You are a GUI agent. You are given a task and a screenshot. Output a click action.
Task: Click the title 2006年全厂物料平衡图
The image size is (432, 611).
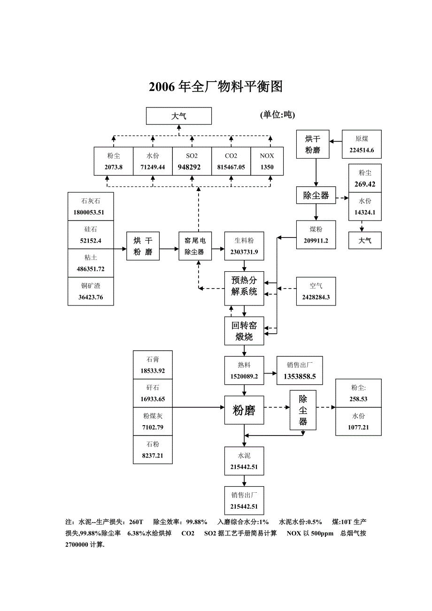(x=216, y=87)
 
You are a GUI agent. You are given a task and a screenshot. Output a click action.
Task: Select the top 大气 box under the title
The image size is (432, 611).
(x=178, y=116)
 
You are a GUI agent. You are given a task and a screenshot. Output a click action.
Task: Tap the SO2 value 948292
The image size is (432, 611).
(x=192, y=167)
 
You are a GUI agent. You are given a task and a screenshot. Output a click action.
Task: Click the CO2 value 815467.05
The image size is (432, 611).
(x=231, y=167)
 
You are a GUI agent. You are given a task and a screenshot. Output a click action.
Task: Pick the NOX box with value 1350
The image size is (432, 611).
(x=267, y=161)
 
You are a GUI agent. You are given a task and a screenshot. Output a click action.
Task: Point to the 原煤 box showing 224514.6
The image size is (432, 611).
(x=362, y=145)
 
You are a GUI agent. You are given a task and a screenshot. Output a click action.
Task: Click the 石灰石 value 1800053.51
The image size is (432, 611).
(x=91, y=212)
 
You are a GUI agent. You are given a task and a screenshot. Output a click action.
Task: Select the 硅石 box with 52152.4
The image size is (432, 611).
(x=91, y=235)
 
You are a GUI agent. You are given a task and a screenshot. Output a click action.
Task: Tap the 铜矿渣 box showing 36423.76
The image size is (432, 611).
(x=91, y=291)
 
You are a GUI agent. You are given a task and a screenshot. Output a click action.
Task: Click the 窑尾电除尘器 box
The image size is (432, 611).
(x=195, y=246)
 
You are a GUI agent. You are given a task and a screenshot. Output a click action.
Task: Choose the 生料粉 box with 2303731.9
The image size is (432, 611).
(x=244, y=246)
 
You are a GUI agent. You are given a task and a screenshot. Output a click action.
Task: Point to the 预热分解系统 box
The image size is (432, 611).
(x=244, y=286)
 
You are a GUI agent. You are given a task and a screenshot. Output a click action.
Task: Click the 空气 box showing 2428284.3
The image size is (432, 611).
(x=316, y=291)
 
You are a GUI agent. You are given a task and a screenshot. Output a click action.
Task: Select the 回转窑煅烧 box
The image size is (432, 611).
(x=244, y=331)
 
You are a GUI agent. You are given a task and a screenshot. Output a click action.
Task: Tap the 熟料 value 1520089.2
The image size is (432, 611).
(x=244, y=376)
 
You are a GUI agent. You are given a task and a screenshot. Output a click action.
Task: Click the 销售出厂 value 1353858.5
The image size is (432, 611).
(x=300, y=376)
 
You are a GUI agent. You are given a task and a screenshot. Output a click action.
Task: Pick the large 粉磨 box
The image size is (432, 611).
(x=244, y=411)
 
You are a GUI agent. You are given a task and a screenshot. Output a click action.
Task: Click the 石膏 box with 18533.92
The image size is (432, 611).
(x=153, y=365)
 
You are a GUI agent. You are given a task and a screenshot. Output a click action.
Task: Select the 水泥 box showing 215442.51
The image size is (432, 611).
(x=244, y=461)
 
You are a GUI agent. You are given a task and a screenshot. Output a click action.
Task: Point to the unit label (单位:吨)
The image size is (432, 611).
(x=277, y=115)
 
